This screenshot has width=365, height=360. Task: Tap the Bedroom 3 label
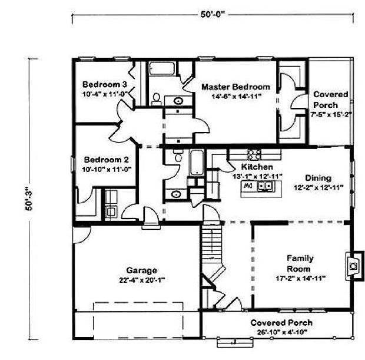pos(105,82)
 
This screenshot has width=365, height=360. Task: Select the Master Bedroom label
pos(236,87)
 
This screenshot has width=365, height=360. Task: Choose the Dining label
pos(318,178)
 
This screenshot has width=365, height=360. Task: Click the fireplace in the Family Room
pos(354,265)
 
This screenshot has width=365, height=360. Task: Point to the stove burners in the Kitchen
pos(254,154)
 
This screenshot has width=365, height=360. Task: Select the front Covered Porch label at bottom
pos(281,323)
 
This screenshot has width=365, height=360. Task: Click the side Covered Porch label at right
pos(331,99)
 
